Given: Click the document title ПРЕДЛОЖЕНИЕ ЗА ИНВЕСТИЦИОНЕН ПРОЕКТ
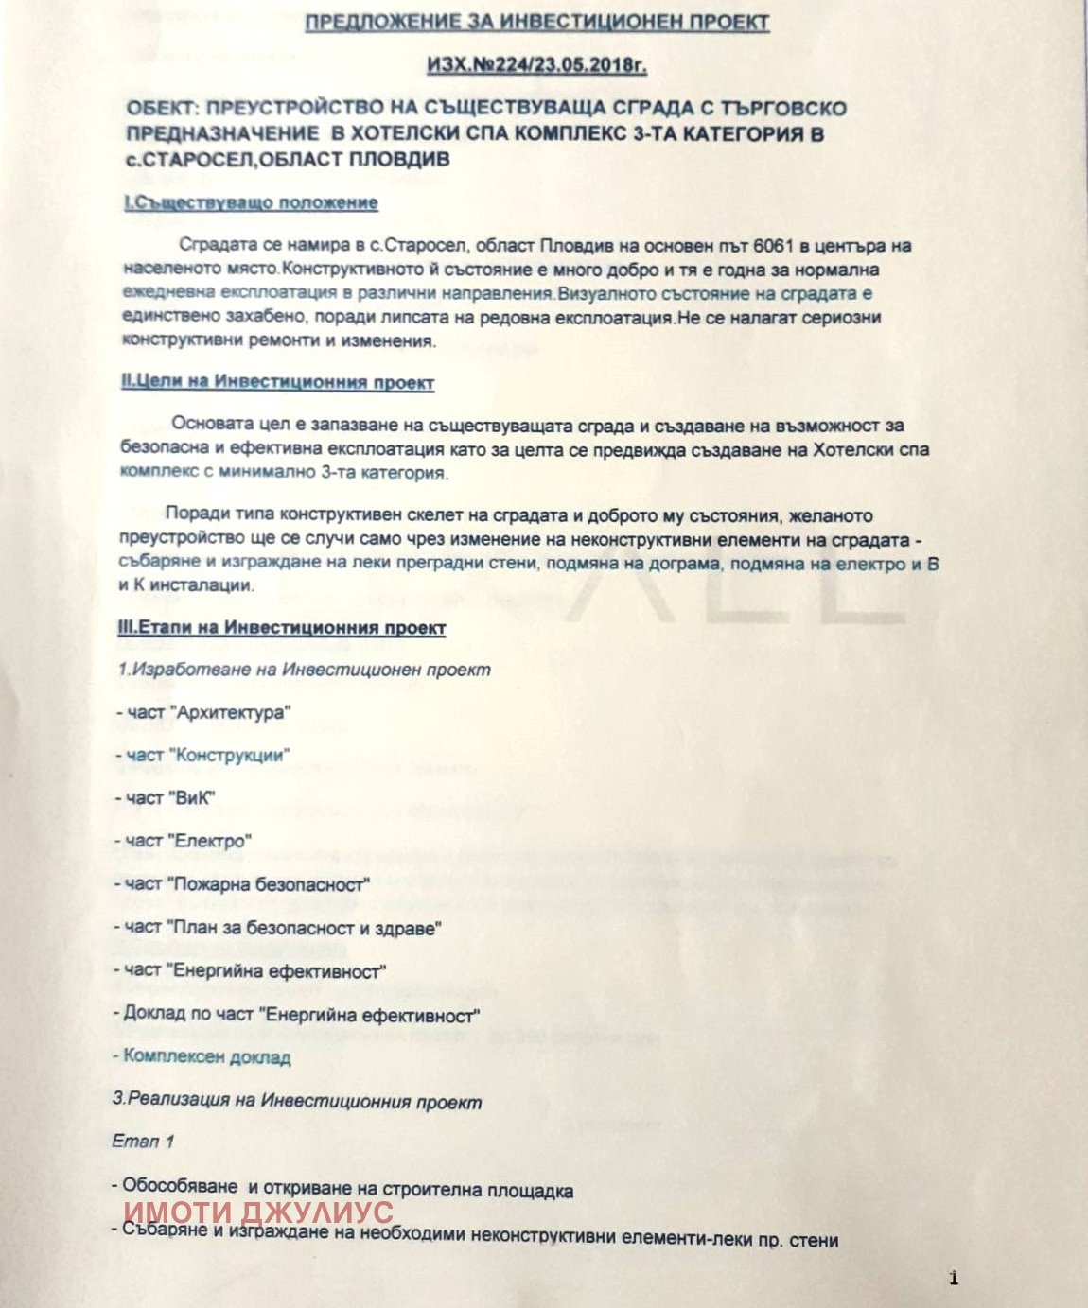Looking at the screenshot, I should click(536, 23).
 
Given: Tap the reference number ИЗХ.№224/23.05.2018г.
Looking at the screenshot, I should click(536, 65).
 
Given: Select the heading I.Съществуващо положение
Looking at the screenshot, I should click(251, 203).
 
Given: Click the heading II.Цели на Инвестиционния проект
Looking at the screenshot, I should click(278, 383).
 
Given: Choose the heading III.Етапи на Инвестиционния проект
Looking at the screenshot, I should click(283, 628).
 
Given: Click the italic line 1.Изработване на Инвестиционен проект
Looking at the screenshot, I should click(304, 670).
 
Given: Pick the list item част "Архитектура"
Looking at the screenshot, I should click(202, 713).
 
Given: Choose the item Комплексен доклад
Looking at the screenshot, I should click(201, 1057).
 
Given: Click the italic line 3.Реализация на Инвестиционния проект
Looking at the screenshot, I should click(297, 1102).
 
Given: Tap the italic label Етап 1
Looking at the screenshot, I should click(143, 1142).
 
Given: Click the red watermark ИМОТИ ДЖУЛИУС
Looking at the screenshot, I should click(258, 1213).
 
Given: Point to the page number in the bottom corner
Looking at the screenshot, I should click(954, 1280).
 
